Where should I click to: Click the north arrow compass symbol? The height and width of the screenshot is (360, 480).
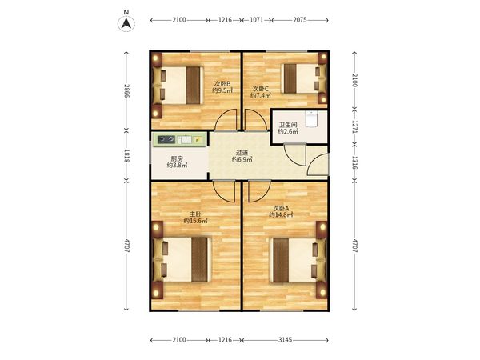[x=126, y=23]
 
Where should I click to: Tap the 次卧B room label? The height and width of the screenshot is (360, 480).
[x=222, y=83]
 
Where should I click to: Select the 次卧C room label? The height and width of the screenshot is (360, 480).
[x=261, y=89]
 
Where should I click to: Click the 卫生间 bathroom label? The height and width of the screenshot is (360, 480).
[x=288, y=125]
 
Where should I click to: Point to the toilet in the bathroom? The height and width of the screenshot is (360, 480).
[x=312, y=118]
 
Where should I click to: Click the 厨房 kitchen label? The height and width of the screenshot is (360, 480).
[x=177, y=158]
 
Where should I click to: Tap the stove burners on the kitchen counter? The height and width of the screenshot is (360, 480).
[x=166, y=140]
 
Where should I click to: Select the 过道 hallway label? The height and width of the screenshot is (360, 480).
[x=242, y=153]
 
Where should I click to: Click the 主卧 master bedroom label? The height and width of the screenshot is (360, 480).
[x=195, y=214]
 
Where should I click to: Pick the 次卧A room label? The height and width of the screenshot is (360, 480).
[x=281, y=208]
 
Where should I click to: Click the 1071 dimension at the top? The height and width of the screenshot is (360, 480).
[x=257, y=20]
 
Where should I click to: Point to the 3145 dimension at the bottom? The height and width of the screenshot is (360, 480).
[x=286, y=340]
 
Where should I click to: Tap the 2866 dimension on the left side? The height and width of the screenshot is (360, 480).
[x=126, y=91]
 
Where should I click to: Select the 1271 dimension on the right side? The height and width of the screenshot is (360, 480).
[x=354, y=126]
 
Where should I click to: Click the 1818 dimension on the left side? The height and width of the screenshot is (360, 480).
[x=126, y=156]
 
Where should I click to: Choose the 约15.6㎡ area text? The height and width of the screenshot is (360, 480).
[x=195, y=221]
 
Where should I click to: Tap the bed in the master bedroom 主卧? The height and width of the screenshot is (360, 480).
[x=182, y=259]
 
